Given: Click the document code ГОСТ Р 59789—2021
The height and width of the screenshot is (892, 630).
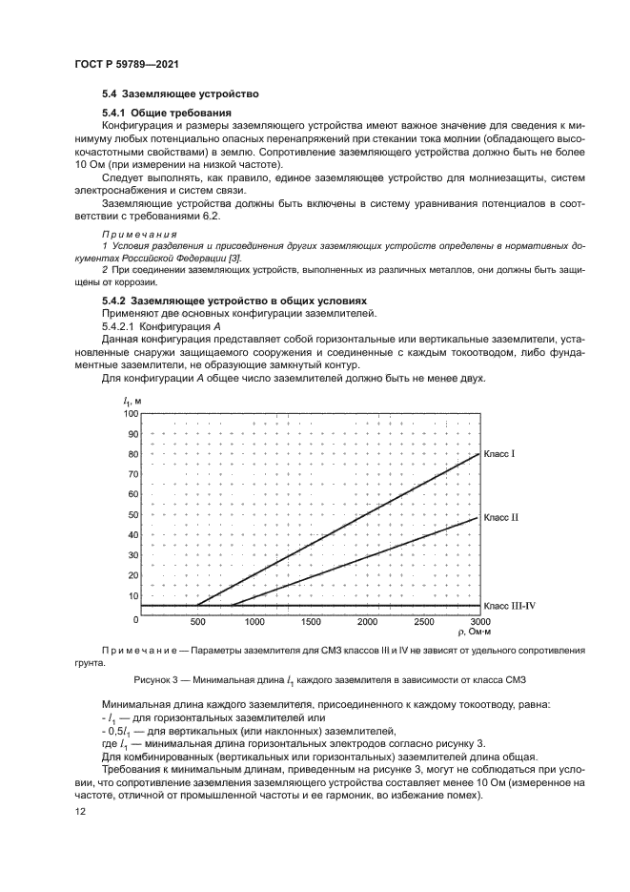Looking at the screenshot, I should coord(126,63).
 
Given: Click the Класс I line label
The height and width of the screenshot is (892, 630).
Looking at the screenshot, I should coord(499,454).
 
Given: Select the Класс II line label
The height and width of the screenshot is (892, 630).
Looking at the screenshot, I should coord(501,517).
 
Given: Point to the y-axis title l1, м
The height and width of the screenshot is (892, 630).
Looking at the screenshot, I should coord(133,401).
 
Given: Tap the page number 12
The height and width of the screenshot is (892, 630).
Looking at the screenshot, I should coord(80,811).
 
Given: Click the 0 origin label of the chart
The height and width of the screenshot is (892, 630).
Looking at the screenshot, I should coord(136,620).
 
